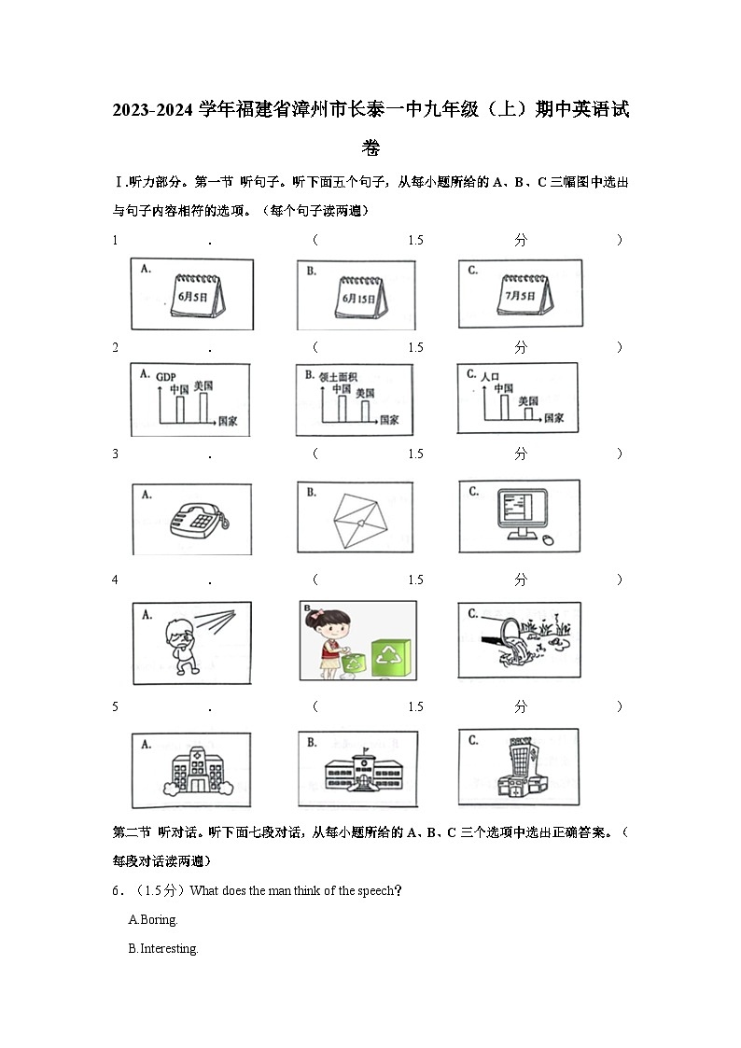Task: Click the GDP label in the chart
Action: pyautogui.click(x=166, y=377)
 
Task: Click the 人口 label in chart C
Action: pyautogui.click(x=491, y=376)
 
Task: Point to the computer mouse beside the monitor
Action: pyautogui.click(x=547, y=538)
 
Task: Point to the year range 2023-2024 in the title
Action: pyautogui.click(x=154, y=111)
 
